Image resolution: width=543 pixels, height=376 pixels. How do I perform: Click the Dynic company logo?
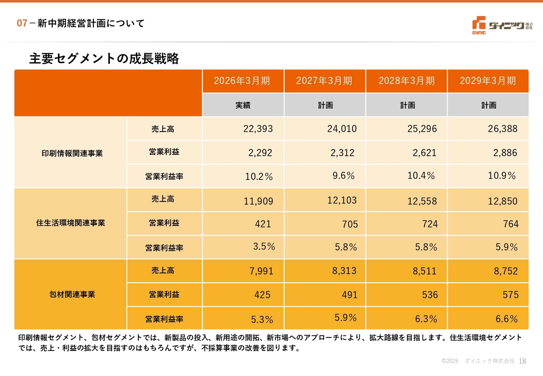click(502, 25)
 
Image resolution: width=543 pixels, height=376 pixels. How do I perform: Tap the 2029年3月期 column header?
click(488, 81)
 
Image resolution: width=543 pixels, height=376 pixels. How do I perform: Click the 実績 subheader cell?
click(243, 105)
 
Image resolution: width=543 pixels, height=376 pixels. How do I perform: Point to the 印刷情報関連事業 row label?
click(72, 153)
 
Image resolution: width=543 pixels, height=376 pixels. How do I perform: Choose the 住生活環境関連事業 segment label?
click(70, 223)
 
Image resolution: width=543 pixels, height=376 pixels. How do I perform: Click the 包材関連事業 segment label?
click(72, 295)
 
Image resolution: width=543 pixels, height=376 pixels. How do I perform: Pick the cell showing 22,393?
click(258, 129)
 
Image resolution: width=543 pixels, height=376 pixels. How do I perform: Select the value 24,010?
click(342, 129)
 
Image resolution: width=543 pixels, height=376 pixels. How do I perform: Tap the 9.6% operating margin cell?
click(344, 175)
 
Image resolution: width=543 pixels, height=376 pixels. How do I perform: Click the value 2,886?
click(505, 153)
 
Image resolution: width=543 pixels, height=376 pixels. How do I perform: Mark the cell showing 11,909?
click(258, 201)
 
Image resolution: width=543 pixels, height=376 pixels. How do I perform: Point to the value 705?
click(350, 224)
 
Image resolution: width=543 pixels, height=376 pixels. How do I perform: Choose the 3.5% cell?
click(264, 247)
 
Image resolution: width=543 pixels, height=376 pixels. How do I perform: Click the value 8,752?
click(506, 271)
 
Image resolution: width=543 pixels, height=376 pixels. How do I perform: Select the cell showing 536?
click(430, 295)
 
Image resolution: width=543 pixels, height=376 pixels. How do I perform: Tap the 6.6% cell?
click(507, 319)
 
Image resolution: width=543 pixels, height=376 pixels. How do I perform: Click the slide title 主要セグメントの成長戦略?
click(104, 59)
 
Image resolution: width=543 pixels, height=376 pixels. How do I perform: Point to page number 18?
click(522, 361)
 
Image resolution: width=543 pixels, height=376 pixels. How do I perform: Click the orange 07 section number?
click(22, 23)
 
